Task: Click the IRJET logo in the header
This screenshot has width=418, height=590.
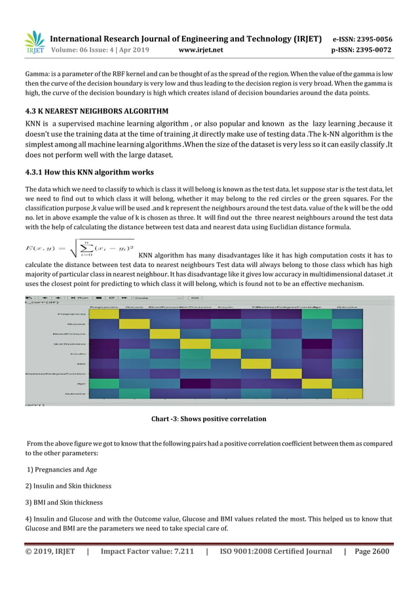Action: [34, 43]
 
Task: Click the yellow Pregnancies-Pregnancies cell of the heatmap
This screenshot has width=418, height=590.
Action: [104, 314]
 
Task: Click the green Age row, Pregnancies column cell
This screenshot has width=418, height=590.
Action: [104, 383]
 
